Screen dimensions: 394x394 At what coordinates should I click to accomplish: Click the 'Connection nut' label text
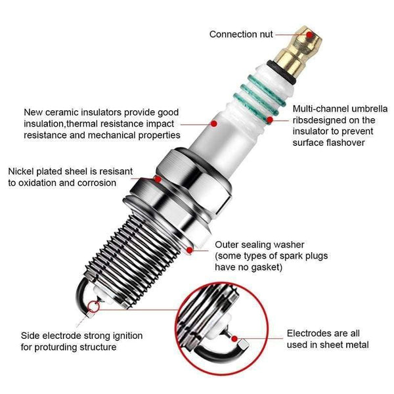pyautogui.click(x=240, y=34)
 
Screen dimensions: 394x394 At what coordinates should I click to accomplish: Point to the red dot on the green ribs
pyautogui.click(x=271, y=120)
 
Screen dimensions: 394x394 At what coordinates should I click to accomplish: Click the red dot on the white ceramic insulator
pyautogui.click(x=212, y=123)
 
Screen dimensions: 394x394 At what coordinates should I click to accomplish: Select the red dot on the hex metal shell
pyautogui.click(x=158, y=177)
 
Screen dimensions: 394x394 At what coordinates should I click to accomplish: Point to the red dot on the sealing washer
pyautogui.click(x=190, y=249)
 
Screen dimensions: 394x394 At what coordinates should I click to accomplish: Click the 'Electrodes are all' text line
pyautogui.click(x=325, y=333)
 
